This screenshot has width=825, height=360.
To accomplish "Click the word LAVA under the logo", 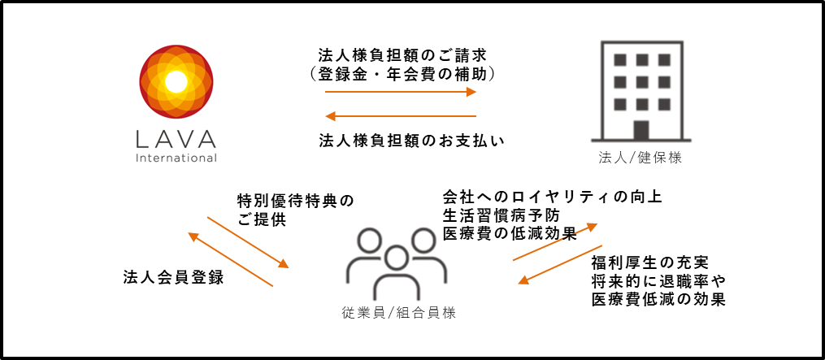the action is click(176, 137).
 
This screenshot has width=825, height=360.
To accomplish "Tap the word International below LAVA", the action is click(176, 157).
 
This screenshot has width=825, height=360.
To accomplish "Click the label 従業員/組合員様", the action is click(396, 313).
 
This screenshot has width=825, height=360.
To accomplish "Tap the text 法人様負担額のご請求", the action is click(403, 55).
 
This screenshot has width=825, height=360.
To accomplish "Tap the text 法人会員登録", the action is click(173, 277).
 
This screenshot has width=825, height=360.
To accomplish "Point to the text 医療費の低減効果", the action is click(509, 234).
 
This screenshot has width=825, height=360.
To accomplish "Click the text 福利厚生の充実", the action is click(649, 263).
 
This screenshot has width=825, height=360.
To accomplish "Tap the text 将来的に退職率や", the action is click(658, 281).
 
